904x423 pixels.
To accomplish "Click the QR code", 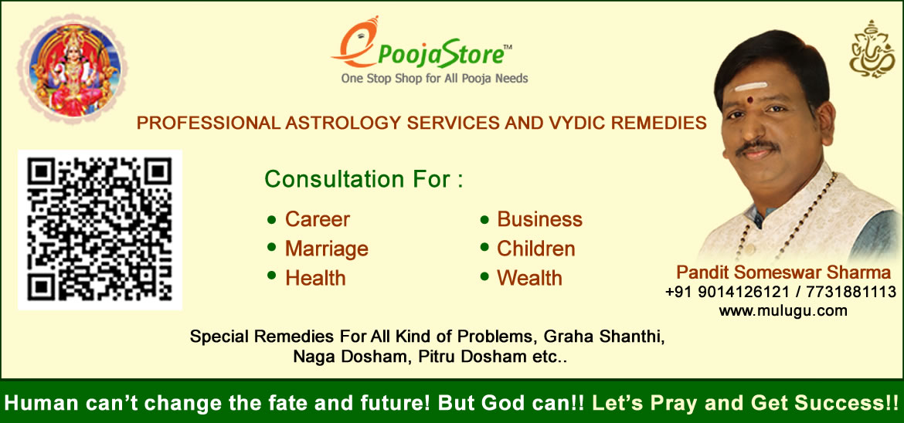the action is [100, 229].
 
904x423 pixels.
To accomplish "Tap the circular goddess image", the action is [73, 70].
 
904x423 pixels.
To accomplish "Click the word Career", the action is [317, 219].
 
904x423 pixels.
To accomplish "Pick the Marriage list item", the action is [326, 249].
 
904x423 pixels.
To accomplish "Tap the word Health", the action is [315, 279].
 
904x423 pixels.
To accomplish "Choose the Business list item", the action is [539, 219].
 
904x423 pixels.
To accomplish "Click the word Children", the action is [536, 249].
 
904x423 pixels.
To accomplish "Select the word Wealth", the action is [529, 279].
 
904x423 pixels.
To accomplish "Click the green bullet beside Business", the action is [485, 219].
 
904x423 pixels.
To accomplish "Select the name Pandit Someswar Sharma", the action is [783, 272].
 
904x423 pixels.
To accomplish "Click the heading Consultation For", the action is [364, 179].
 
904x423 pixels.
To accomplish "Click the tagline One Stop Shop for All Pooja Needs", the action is [435, 79].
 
